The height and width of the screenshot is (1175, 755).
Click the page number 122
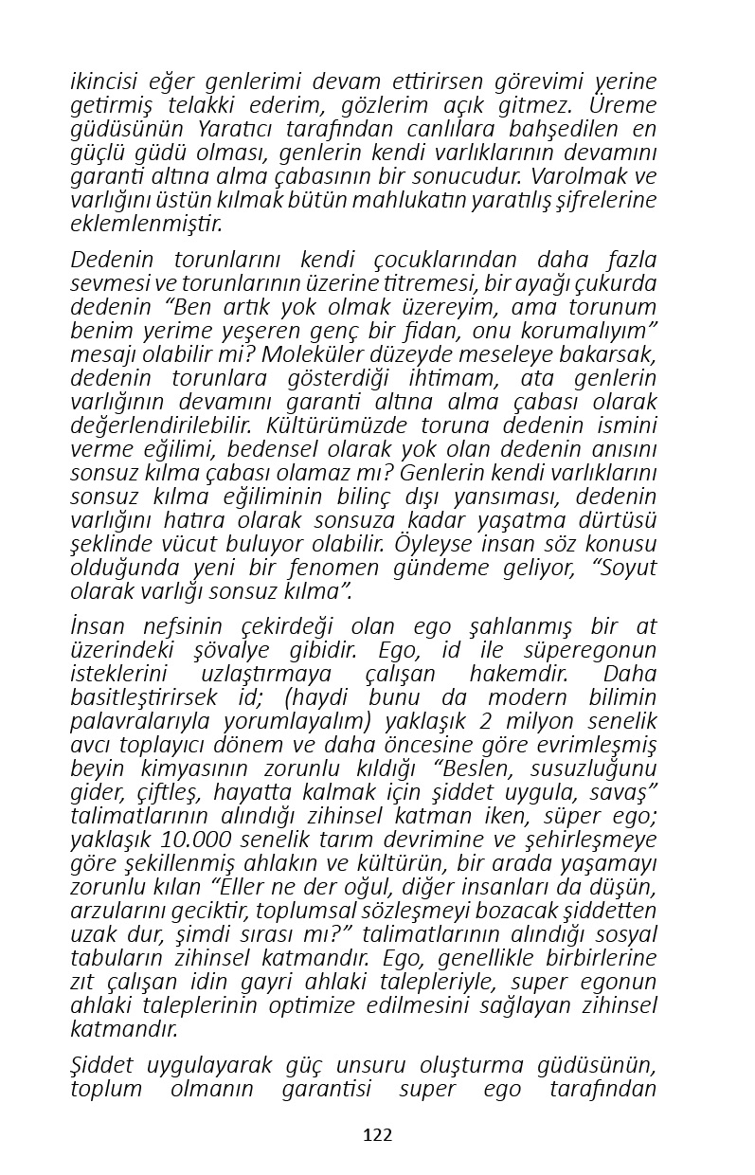[x=377, y=1135]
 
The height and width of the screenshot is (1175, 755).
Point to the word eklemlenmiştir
[x=146, y=225]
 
